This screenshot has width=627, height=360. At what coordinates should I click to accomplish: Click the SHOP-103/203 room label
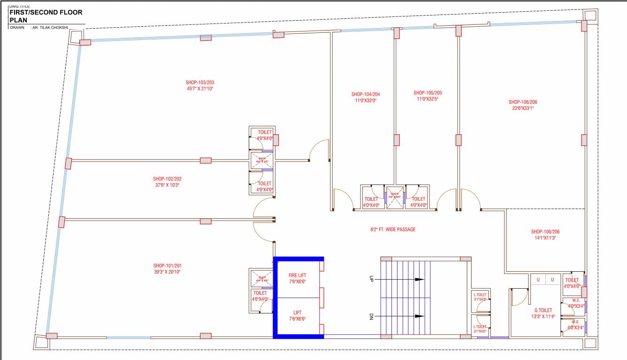tap(200, 82)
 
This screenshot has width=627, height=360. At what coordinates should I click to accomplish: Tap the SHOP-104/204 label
tap(365, 94)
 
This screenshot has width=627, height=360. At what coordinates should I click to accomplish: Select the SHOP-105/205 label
tap(428, 93)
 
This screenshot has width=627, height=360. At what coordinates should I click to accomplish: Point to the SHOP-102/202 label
tap(167, 179)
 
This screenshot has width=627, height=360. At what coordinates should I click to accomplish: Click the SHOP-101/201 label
tap(167, 265)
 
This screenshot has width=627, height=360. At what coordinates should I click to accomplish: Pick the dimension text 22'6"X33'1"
tap(523, 108)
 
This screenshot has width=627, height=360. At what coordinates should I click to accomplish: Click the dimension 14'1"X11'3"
tap(545, 238)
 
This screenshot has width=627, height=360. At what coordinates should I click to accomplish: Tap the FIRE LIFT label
tap(298, 276)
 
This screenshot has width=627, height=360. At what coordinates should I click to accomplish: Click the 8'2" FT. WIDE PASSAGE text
tap(393, 230)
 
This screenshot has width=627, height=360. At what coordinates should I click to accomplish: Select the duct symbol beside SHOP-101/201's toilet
tap(262, 278)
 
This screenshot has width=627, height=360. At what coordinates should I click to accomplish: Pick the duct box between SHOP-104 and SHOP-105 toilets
tap(395, 196)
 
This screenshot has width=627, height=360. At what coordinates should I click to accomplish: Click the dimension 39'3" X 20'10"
tap(167, 272)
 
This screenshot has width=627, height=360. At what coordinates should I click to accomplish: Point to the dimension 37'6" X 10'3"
tap(167, 185)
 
